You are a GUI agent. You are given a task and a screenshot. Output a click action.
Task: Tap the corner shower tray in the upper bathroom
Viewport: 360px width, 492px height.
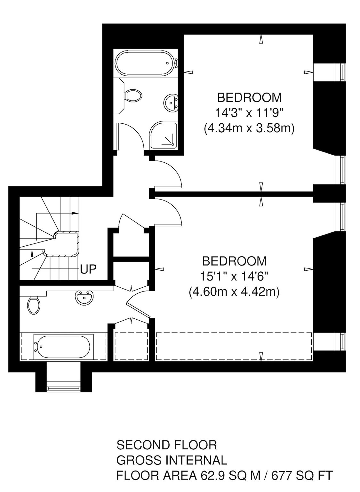point(164,135)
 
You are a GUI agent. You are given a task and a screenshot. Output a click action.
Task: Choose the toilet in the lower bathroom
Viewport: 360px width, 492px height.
point(34,304)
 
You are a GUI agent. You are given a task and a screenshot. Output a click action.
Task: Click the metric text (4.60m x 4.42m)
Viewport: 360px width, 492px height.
point(234,292)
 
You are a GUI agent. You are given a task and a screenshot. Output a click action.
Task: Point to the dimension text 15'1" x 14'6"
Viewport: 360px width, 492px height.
point(234,276)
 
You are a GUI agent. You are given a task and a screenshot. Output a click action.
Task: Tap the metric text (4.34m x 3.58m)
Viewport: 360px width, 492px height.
point(249,128)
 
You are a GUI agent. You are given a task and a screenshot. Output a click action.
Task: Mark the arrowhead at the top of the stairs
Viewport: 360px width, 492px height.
point(76,213)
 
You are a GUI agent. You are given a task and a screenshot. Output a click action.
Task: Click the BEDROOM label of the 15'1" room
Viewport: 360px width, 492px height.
point(234,261)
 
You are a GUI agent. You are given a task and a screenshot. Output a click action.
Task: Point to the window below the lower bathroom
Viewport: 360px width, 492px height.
point(63,389)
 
